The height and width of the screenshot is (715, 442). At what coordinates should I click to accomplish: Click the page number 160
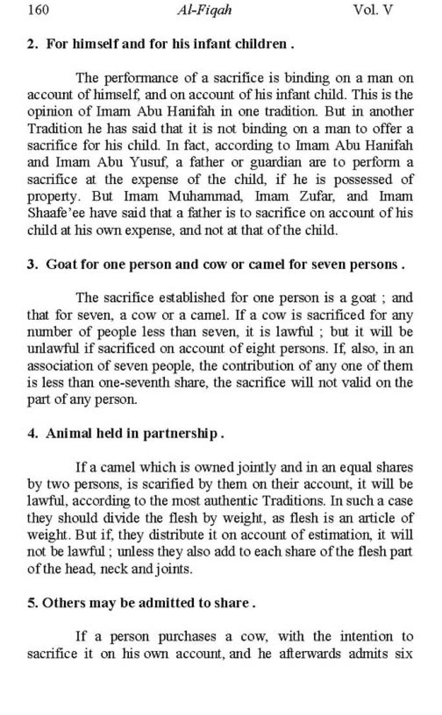[x=38, y=10]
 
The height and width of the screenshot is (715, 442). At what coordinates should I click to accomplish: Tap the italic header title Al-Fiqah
[x=204, y=10]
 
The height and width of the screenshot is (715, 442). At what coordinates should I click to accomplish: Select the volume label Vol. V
[x=373, y=10]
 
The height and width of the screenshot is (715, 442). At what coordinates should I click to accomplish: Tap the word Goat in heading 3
[x=61, y=265]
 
